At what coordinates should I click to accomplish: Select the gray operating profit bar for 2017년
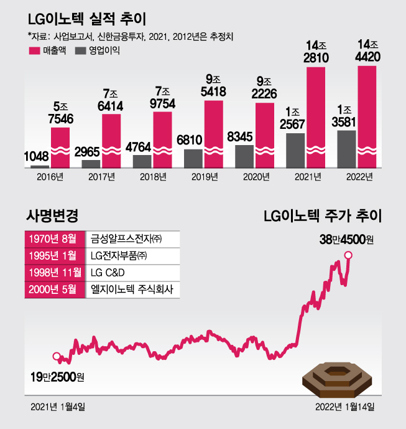click(x=91, y=164)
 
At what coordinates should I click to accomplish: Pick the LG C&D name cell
click(x=132, y=273)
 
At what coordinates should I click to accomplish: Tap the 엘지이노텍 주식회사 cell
click(x=132, y=290)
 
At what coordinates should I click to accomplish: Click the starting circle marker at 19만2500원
click(x=57, y=357)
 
